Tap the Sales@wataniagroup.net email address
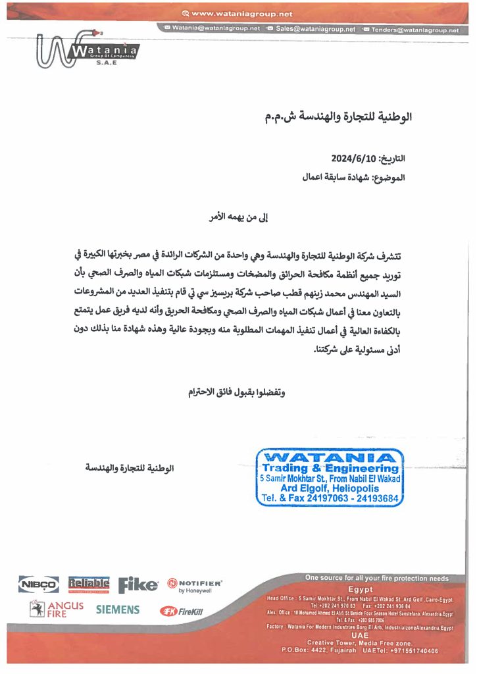point(315,29)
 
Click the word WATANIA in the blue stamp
point(330,457)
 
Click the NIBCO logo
point(39,584)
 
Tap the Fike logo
point(138,584)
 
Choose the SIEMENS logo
point(118,609)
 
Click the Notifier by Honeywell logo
point(195,585)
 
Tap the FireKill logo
point(182,611)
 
